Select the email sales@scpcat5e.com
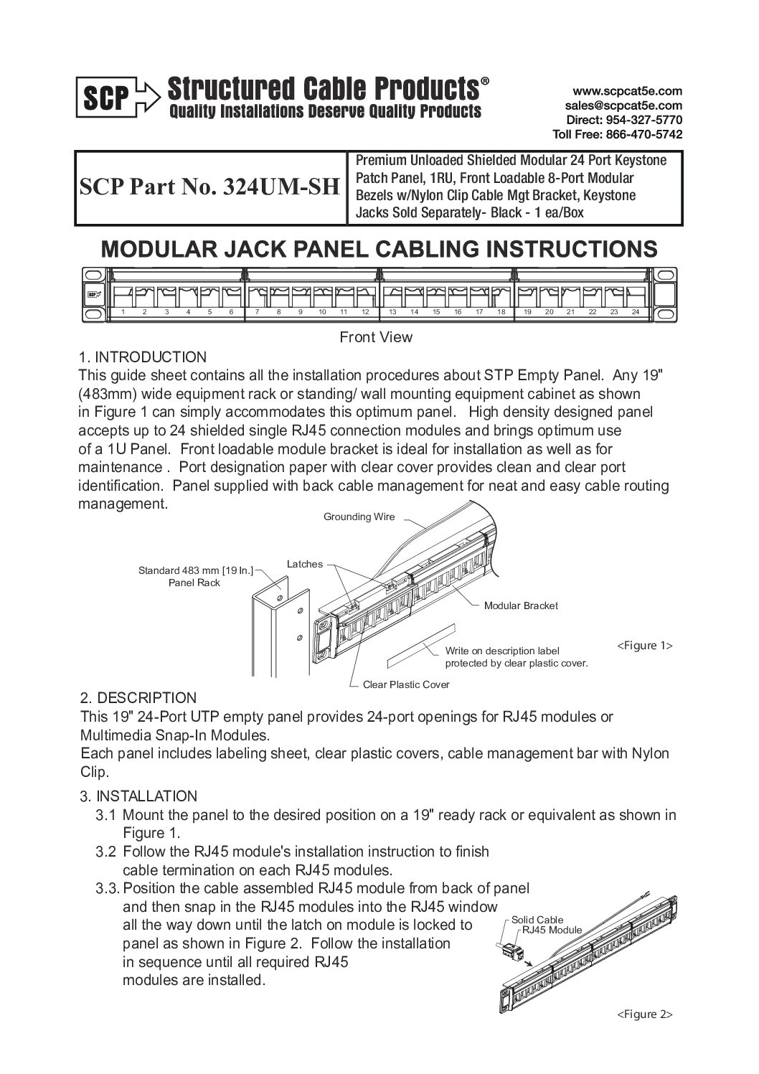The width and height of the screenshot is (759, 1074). [623, 105]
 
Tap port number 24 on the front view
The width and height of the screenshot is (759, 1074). [635, 312]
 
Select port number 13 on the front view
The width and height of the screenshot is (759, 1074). [392, 312]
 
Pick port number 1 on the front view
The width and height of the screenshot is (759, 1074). [123, 312]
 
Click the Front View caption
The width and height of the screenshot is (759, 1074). [376, 336]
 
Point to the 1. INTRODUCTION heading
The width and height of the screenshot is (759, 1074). [142, 357]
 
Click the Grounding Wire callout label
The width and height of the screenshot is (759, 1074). [359, 517]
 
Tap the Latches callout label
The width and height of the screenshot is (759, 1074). [305, 564]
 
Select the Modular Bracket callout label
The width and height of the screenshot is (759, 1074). [521, 606]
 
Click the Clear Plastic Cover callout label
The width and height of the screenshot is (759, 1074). [406, 684]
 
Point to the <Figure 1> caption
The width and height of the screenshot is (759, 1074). [644, 646]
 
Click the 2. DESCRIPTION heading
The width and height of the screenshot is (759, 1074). [138, 698]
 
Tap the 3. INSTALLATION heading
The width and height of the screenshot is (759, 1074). [138, 796]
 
